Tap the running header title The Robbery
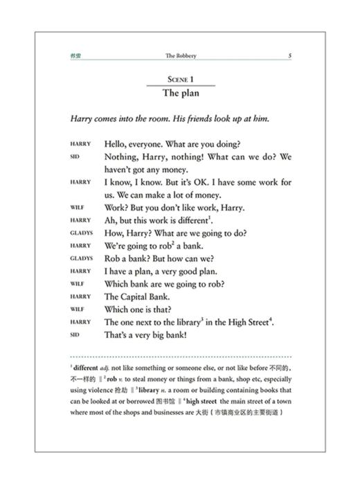coord(180,56)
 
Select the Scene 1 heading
coord(180,80)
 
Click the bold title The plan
coord(180,93)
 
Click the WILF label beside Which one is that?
coord(77,310)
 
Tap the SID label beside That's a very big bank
coord(75,335)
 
